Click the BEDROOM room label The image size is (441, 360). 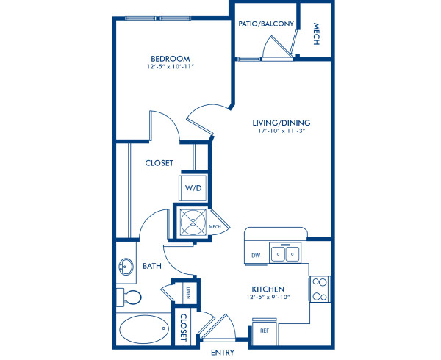(x=171, y=59)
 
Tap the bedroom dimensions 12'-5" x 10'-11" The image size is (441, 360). (x=171, y=68)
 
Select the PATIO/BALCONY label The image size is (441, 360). (x=266, y=24)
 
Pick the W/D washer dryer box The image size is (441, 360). (x=193, y=188)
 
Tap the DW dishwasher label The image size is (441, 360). (x=256, y=255)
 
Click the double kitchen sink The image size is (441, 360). (x=284, y=254)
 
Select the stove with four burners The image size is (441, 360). (x=319, y=289)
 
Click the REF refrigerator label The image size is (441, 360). (x=265, y=331)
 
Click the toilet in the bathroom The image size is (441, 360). (x=129, y=298)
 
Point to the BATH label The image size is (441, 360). (x=152, y=266)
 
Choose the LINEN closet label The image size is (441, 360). (x=188, y=292)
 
